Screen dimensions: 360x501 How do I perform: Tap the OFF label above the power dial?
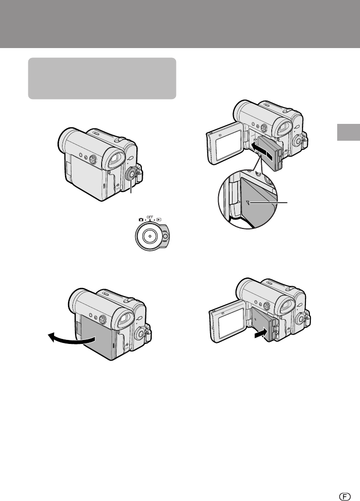coord(150,217)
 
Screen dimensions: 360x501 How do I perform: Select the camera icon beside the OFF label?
coord(141,220)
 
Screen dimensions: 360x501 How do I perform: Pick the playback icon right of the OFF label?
coord(159,220)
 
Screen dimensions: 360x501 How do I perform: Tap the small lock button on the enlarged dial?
coord(165,237)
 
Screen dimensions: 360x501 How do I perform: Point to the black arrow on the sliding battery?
coord(262,151)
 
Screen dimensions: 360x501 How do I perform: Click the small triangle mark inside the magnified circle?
coord(248,202)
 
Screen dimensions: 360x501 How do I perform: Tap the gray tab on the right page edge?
coord(349,132)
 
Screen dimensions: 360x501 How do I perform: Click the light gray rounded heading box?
coord(102,78)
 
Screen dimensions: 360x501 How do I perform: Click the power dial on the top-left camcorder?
coord(131,174)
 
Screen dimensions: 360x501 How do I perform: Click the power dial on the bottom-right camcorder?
coord(300,319)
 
